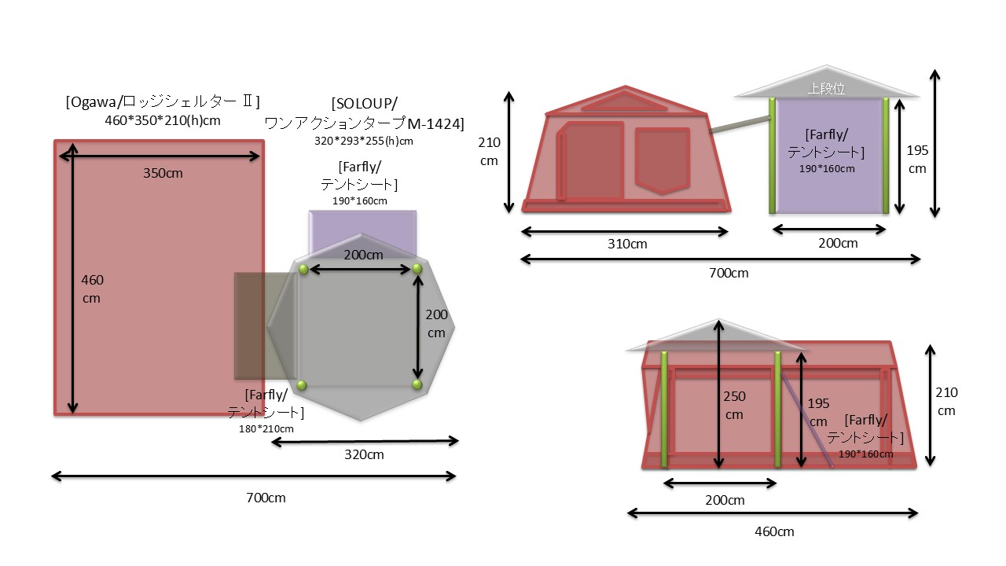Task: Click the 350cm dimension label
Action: pyautogui.click(x=163, y=174)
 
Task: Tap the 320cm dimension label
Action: pyautogui.click(x=364, y=454)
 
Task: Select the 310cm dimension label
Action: pyautogui.click(x=627, y=244)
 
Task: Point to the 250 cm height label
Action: pyautogui.click(x=734, y=405)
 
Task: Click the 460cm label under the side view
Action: pyautogui.click(x=774, y=532)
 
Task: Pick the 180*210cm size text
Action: pyautogui.click(x=266, y=429)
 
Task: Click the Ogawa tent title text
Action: pyautogui.click(x=163, y=102)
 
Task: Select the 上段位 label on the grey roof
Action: pyautogui.click(x=826, y=89)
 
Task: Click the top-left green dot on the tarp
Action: pyautogui.click(x=303, y=269)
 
